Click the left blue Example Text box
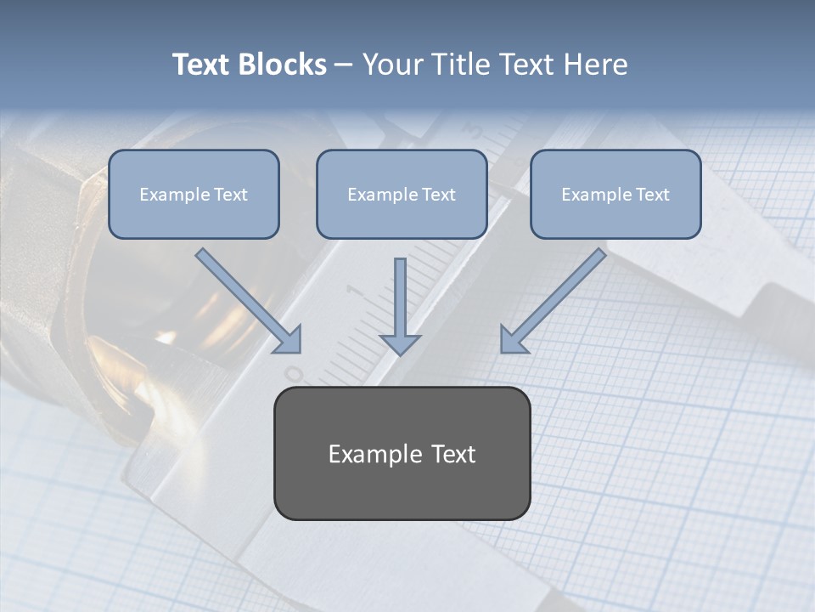pos(194,194)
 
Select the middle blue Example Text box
pos(402,194)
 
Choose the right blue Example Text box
pos(615,194)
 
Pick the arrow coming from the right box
pos(556,297)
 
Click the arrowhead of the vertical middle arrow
pos(400,344)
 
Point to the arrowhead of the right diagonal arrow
pos(512,340)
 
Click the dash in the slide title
pos(344,65)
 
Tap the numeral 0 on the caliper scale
pos(295,373)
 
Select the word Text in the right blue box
pos(652,194)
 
